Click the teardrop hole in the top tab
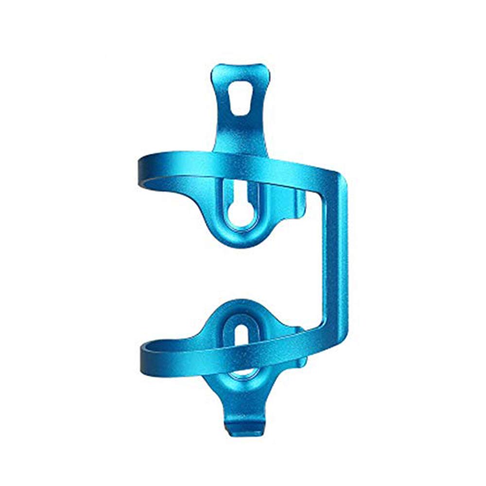click(238, 98)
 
